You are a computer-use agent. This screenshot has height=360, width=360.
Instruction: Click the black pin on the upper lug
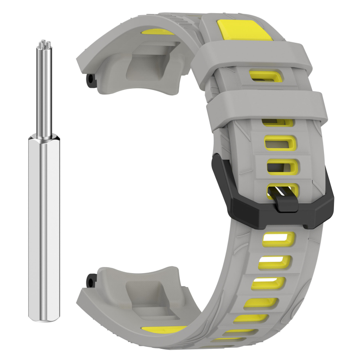91,80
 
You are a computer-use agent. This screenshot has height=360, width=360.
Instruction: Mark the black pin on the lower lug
91,280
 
